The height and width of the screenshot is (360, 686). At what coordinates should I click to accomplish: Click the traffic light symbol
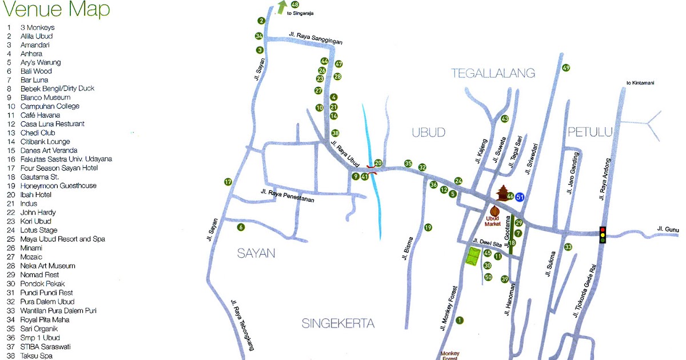click(x=602, y=234)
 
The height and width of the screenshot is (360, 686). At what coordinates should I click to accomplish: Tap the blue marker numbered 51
click(x=520, y=197)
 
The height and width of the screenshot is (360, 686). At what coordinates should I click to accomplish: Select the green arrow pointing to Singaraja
click(x=282, y=7)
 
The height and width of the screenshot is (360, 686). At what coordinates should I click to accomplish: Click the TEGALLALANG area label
click(x=493, y=73)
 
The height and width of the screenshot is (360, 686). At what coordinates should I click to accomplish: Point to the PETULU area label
click(x=590, y=133)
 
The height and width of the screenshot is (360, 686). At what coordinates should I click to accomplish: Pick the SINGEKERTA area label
click(x=338, y=324)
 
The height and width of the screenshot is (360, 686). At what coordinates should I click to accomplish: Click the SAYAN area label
click(x=256, y=253)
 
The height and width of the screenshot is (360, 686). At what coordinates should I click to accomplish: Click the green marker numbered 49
click(x=566, y=68)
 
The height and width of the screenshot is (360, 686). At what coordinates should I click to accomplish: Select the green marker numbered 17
click(x=228, y=182)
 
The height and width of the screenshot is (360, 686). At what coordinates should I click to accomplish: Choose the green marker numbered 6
click(x=241, y=227)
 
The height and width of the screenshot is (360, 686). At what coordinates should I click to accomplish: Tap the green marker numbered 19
click(x=428, y=227)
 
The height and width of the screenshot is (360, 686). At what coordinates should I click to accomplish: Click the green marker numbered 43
click(x=504, y=119)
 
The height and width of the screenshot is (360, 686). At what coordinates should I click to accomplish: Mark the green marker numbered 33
click(x=568, y=247)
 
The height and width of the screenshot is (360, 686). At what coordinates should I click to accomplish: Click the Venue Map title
click(x=56, y=10)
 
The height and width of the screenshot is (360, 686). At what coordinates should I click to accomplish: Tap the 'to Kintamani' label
click(x=640, y=83)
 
